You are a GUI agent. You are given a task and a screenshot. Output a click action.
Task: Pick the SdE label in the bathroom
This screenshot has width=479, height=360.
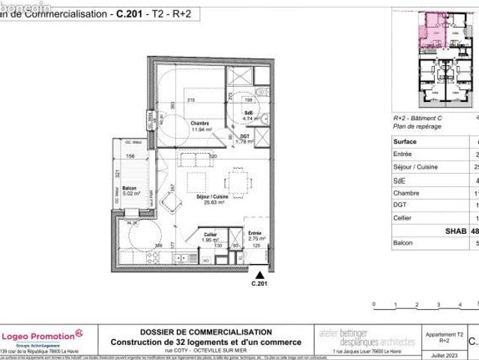pyautogui.click(x=248, y=112)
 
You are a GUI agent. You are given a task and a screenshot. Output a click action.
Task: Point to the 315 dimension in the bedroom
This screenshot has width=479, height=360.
pyautogui.click(x=191, y=100)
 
